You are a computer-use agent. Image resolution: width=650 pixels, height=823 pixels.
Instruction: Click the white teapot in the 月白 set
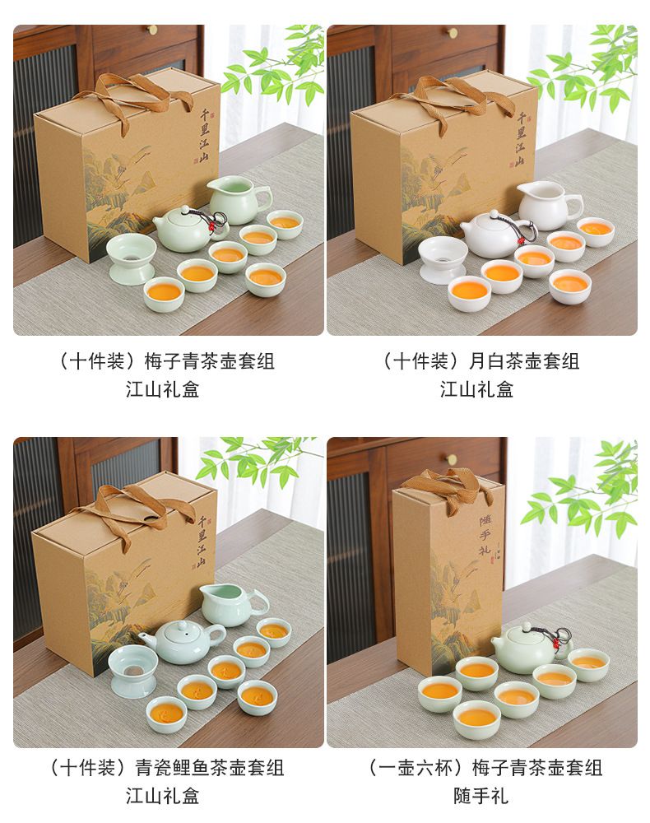[496, 234]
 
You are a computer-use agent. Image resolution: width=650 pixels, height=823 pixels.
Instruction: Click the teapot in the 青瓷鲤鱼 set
[181, 641]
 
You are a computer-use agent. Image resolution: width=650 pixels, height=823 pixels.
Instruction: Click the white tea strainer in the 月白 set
[443, 258]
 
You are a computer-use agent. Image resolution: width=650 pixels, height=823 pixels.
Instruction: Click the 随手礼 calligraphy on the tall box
[485, 536]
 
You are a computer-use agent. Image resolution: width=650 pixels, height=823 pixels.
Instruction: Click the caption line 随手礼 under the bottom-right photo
[481, 796]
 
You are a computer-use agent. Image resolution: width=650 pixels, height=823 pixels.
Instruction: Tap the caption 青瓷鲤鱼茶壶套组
[210, 768]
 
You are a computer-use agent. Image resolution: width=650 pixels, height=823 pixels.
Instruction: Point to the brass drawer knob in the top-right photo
[453, 33]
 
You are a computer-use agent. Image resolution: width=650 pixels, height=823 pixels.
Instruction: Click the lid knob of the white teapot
[494, 214]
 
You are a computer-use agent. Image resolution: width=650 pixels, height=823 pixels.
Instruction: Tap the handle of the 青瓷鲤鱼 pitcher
[260, 602]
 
